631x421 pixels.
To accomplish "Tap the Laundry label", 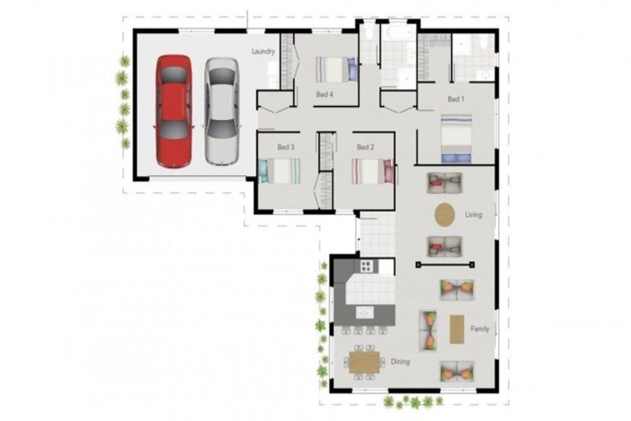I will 263,51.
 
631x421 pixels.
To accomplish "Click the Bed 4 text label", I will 325,95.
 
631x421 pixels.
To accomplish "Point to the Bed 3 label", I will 285,146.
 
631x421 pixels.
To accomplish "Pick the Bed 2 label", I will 366,146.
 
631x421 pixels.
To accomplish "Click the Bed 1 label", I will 456,99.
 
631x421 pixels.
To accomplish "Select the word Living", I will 473,215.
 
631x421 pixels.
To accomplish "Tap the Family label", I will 480,329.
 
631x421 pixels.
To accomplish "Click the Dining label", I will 400,361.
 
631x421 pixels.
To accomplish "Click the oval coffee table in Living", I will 444,215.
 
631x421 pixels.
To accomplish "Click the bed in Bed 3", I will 279,171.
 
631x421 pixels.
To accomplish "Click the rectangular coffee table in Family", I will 457,329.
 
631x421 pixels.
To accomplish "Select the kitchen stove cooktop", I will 366,266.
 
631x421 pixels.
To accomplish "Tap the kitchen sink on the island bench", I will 365,312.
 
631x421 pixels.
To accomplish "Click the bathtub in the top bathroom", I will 398,35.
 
